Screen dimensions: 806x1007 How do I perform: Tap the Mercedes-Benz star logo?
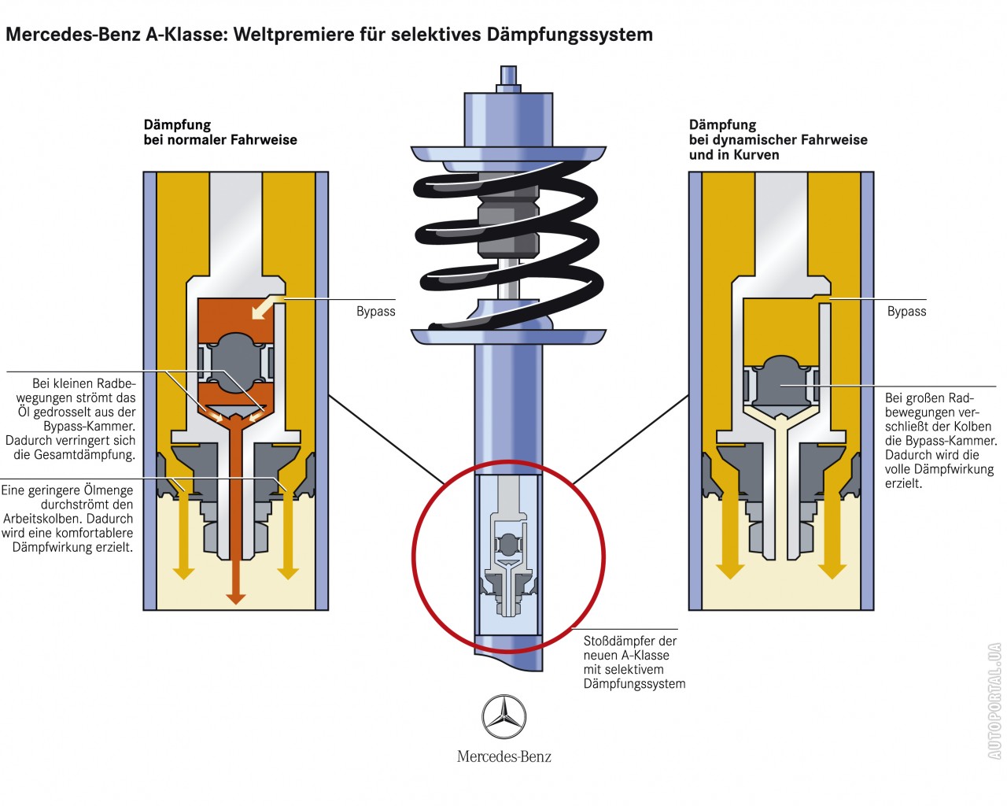503,717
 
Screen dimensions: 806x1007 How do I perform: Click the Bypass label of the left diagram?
375,312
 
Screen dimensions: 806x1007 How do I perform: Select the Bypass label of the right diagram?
906,312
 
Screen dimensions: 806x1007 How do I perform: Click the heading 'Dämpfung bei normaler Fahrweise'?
220,132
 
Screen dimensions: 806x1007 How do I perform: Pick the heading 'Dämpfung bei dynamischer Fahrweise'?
777,139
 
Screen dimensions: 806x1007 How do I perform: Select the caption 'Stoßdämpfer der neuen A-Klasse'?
633,662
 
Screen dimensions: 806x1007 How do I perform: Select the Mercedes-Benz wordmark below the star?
503,757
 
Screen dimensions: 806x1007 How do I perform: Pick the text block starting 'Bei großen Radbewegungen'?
939,441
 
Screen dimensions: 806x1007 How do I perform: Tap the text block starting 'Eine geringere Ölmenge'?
68,519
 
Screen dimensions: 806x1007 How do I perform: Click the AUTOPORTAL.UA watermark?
994,701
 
